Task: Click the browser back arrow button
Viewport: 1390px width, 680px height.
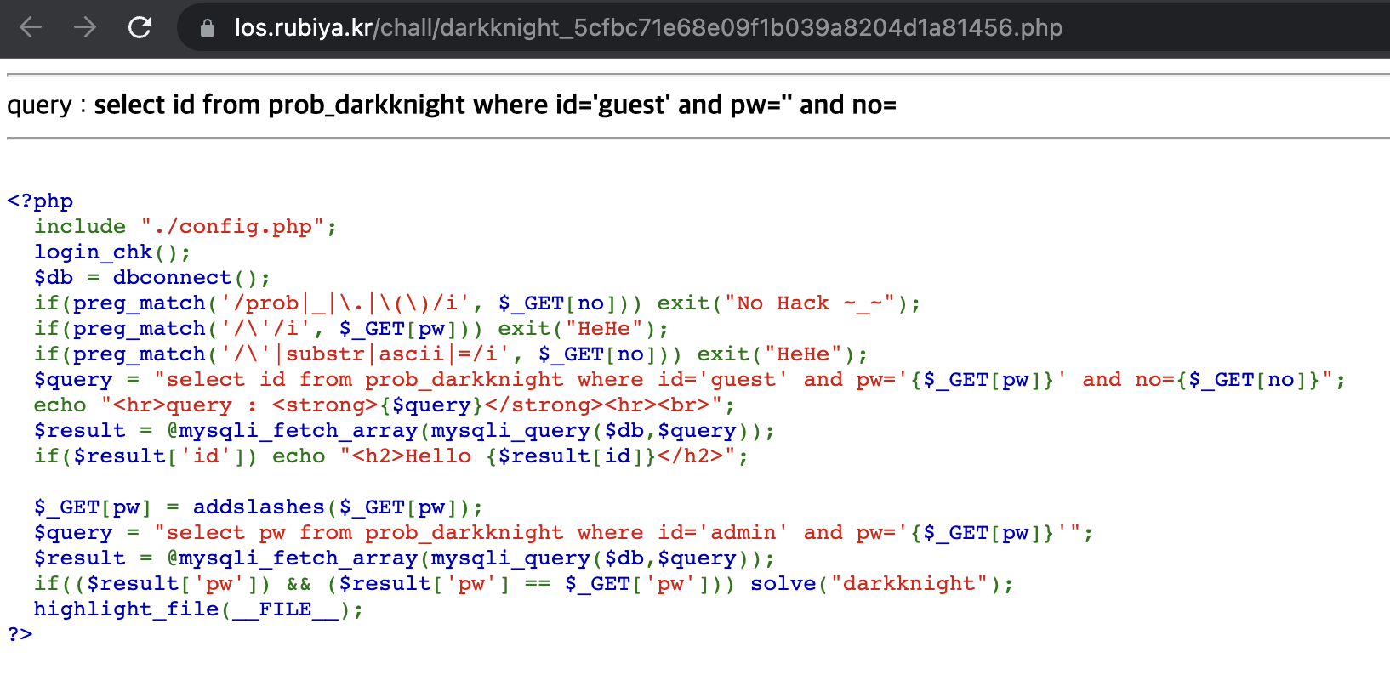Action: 31,28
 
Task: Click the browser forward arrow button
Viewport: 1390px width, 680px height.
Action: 85,28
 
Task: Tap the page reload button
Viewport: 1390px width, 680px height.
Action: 140,28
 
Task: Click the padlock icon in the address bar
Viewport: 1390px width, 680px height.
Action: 207,29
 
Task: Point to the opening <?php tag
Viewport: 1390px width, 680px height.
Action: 40,201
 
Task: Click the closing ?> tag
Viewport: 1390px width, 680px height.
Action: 20,634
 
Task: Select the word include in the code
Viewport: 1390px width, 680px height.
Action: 80,227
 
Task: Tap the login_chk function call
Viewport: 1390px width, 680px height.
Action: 94,252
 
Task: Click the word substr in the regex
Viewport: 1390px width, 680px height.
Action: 325,354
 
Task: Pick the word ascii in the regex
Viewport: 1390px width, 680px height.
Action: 411,354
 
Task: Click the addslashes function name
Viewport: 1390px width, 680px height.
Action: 259,507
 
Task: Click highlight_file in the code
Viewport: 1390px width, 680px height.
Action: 126,609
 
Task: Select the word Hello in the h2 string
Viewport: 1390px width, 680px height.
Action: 438,456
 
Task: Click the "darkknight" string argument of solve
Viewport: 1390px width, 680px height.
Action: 909,584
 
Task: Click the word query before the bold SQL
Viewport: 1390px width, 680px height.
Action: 39,105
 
